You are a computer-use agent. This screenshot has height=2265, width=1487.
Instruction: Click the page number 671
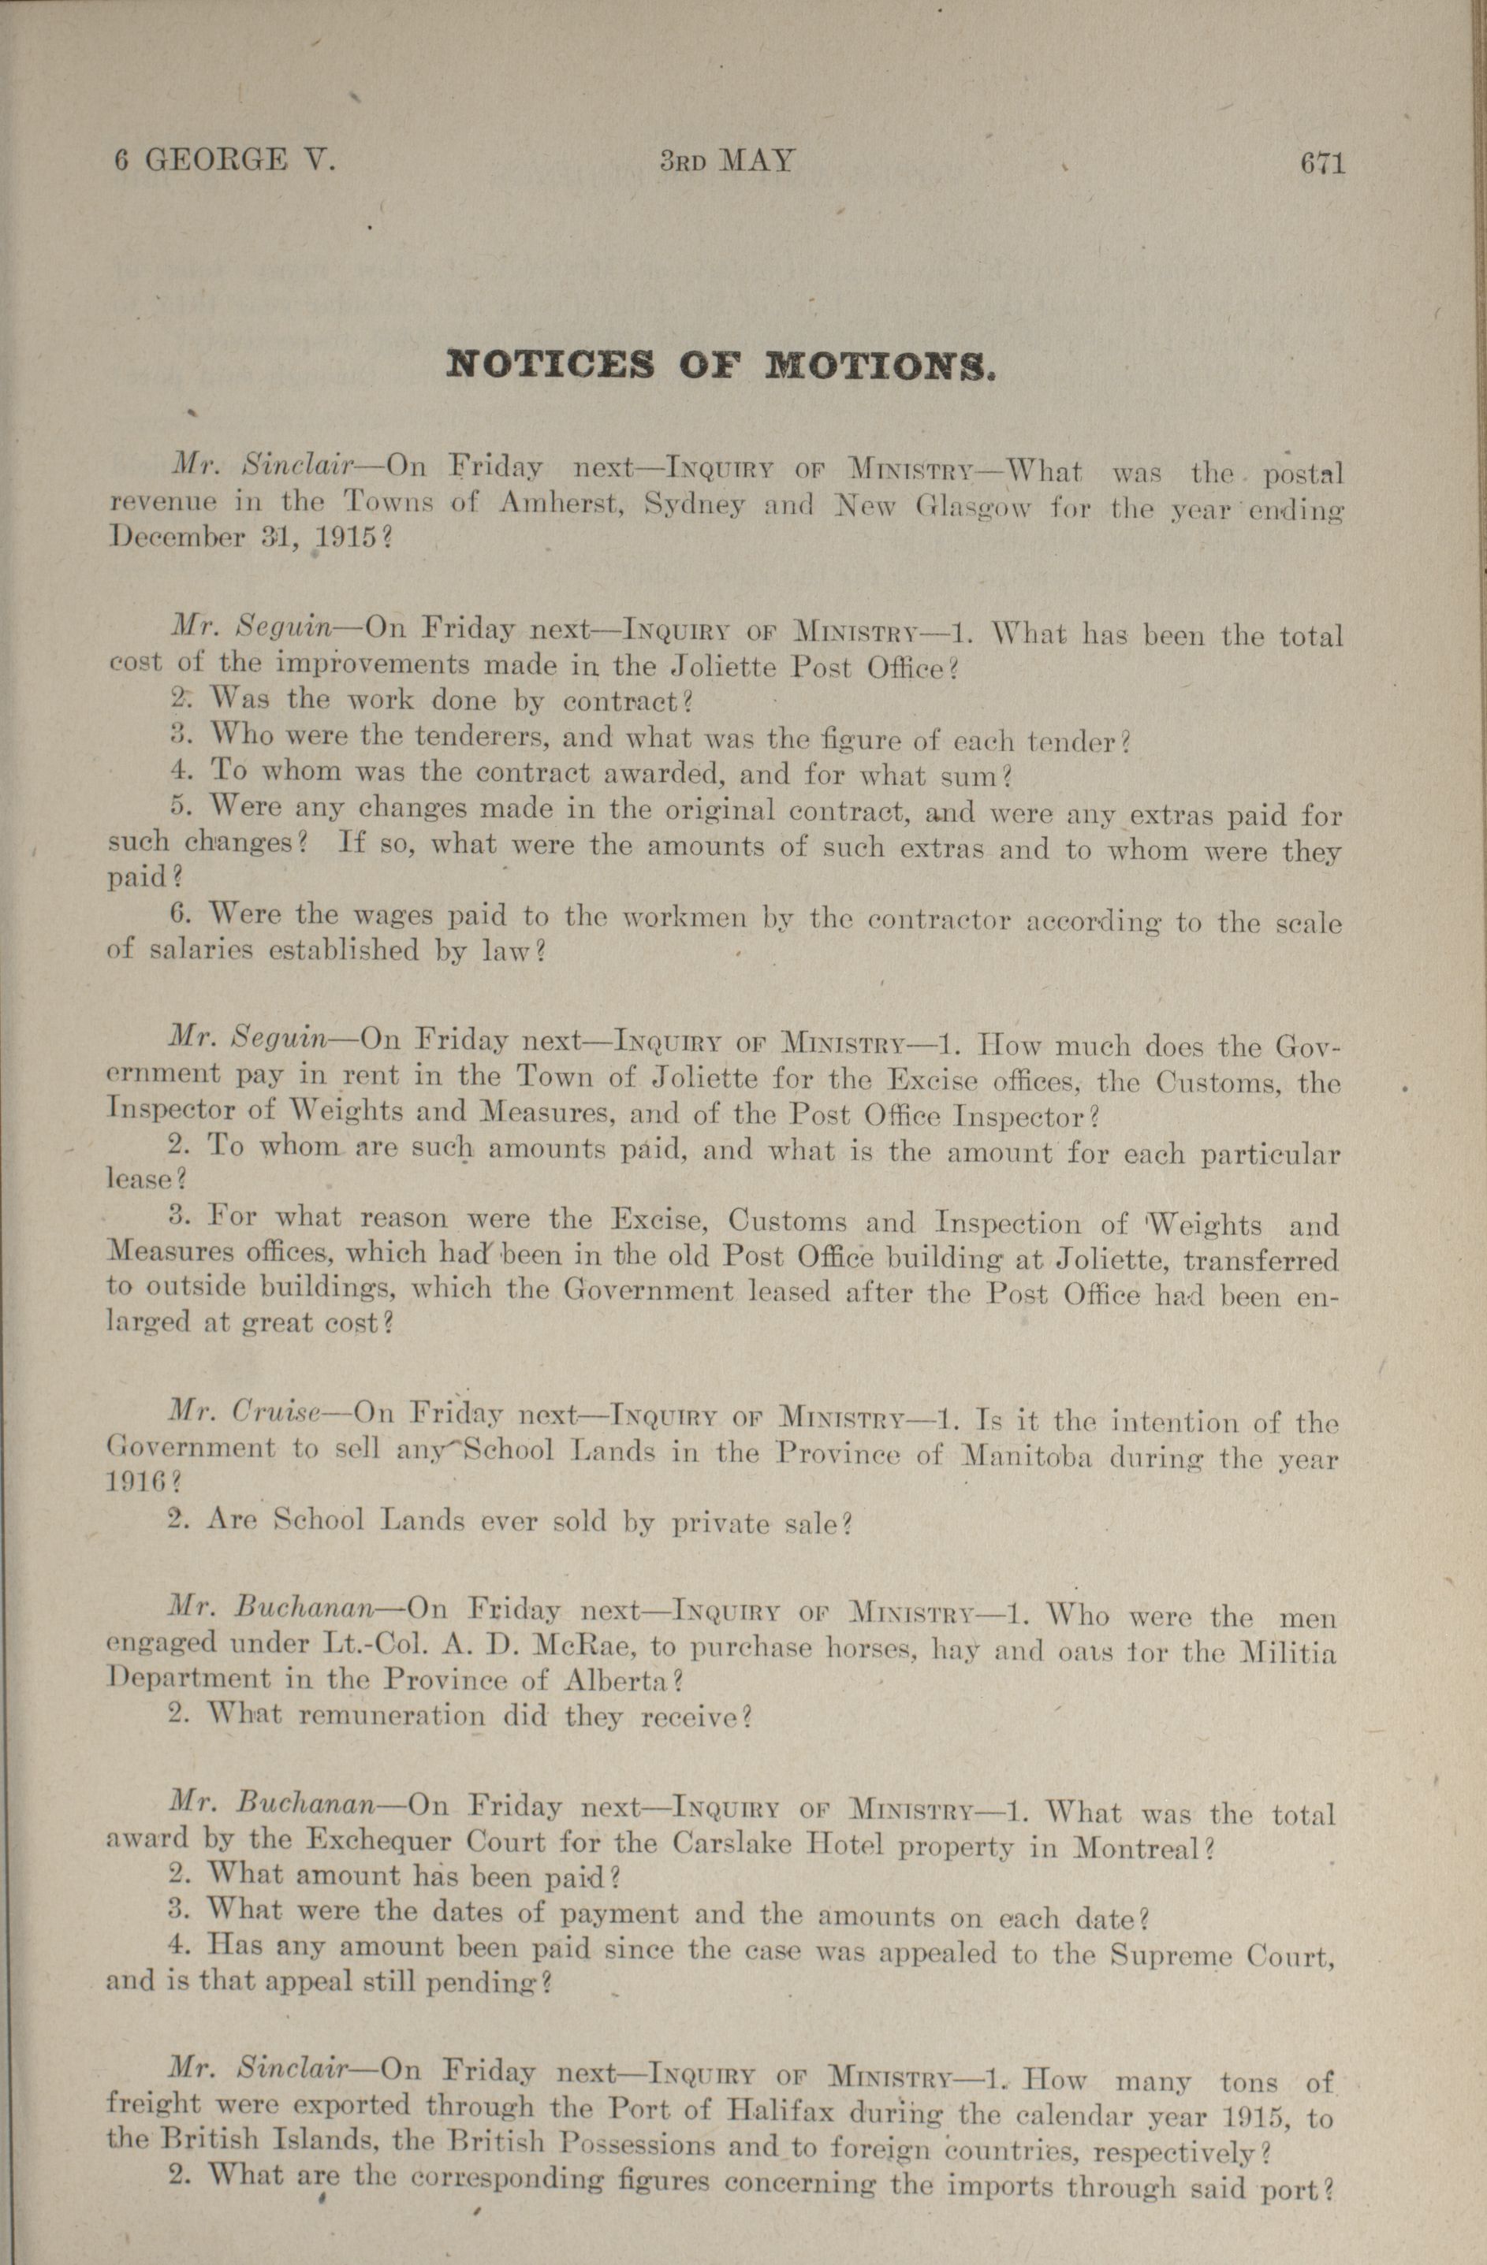(1321, 162)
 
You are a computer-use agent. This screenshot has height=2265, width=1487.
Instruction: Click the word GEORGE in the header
(214, 159)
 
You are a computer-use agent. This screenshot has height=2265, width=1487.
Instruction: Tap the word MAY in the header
(757, 160)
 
